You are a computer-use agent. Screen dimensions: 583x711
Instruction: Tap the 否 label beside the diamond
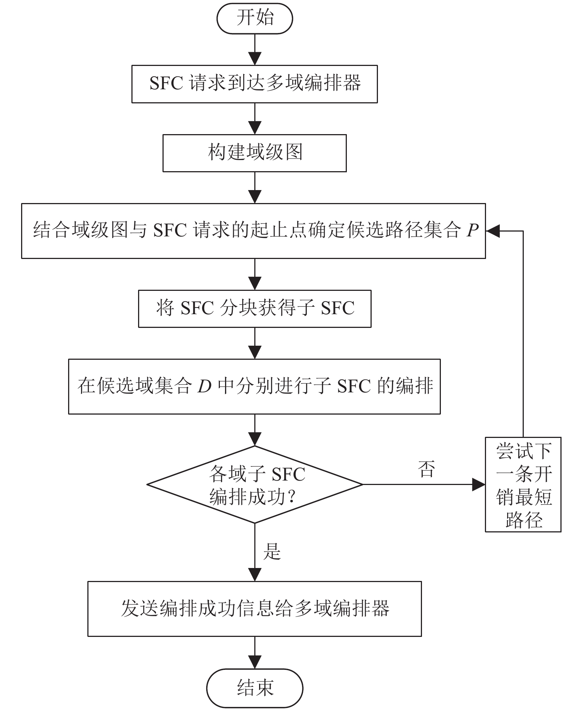pos(426,469)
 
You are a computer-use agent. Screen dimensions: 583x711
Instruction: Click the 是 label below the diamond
pos(272,551)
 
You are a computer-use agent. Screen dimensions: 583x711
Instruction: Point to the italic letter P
pos(472,230)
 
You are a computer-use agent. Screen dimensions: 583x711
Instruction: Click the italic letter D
pos(204,386)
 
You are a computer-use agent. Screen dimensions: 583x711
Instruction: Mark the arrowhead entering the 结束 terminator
pos(255,662)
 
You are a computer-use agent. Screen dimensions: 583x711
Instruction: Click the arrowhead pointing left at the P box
pos(493,231)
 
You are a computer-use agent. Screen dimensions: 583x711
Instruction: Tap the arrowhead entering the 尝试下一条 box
pos(479,484)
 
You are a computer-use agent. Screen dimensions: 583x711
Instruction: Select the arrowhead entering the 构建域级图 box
pos(255,128)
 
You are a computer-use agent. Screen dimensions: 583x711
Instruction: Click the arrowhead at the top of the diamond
pos(255,439)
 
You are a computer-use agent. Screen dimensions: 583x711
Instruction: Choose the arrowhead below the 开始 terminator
pos(255,59)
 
